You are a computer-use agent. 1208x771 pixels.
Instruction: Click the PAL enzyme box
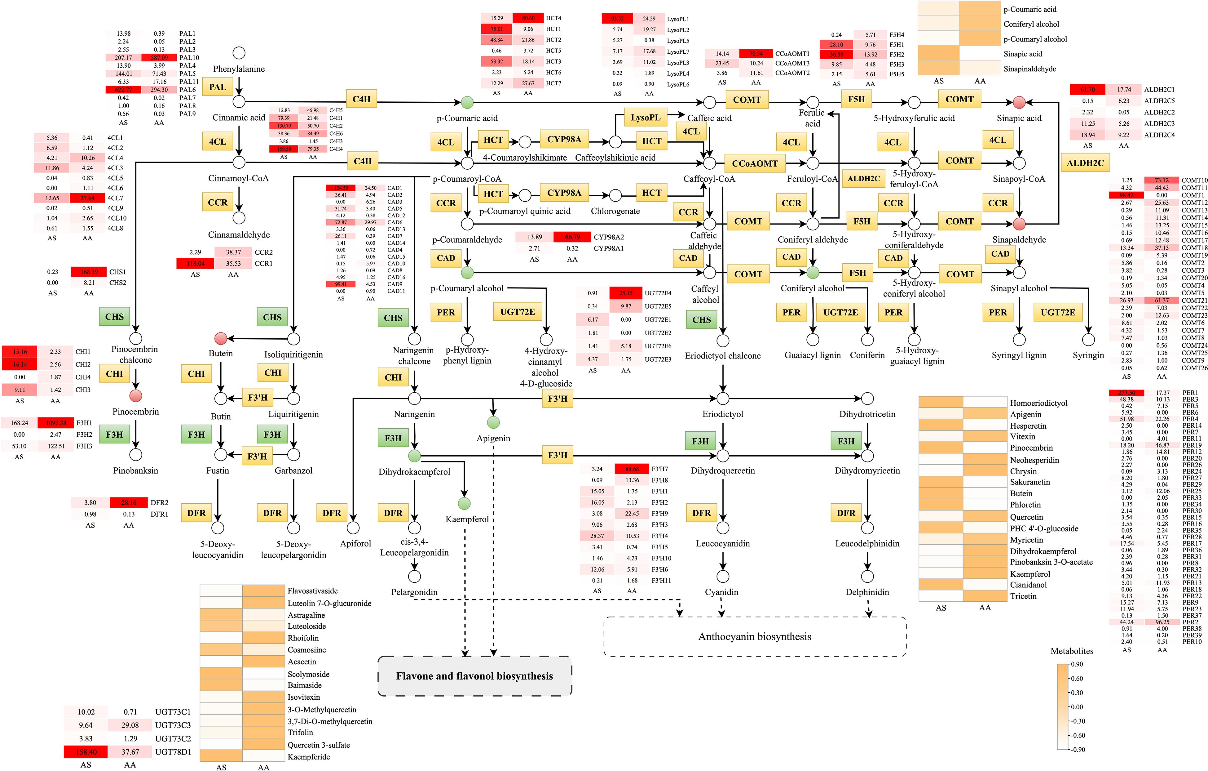[x=217, y=87]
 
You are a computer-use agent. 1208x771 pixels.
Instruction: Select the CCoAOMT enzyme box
[x=755, y=164]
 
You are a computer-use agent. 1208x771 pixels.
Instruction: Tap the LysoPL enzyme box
[x=646, y=118]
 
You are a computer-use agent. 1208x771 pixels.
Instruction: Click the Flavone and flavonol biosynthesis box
[x=474, y=676]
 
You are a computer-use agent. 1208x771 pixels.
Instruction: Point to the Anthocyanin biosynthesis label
[x=755, y=636]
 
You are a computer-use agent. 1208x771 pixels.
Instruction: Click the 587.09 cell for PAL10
[x=159, y=58]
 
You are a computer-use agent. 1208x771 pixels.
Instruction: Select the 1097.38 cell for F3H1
[x=56, y=423]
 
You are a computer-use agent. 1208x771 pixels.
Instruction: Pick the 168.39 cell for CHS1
[x=89, y=272]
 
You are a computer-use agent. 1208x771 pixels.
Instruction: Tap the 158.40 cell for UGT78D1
[x=86, y=752]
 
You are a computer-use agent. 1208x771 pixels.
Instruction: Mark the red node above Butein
[x=221, y=338]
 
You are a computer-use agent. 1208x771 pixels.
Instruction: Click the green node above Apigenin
[x=493, y=422]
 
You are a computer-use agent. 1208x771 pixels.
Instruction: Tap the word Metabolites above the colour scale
[x=1072, y=651]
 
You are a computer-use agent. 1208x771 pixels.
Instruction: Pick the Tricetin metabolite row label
[x=1023, y=596]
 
